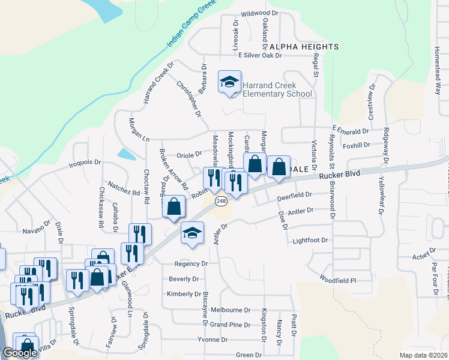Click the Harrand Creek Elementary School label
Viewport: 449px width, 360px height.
tap(277, 89)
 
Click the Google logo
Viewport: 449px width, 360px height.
tap(20, 353)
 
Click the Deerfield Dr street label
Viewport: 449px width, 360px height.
tap(295, 195)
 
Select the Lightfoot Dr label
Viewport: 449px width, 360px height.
tap(310, 240)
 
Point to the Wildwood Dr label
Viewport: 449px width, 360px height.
tap(260, 13)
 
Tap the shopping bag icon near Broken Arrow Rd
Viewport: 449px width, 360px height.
tap(173, 207)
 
